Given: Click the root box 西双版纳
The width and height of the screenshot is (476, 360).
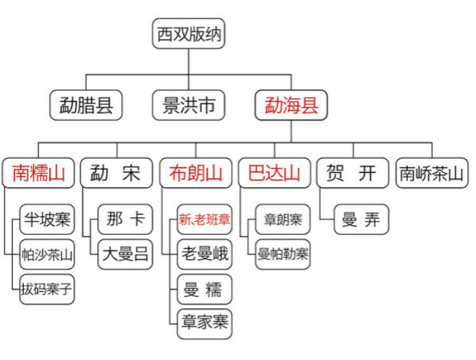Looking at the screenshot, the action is click(188, 33).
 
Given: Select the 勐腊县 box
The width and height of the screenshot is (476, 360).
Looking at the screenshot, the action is click(86, 105).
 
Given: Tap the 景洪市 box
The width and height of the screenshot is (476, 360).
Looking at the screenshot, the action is click(188, 105).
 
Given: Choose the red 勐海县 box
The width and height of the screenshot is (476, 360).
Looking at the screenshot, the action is click(291, 105).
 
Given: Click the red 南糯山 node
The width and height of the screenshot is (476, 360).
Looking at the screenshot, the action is click(38, 173).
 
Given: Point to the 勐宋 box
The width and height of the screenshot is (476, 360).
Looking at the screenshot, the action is click(116, 173).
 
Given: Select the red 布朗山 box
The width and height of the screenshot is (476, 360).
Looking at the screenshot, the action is click(196, 173).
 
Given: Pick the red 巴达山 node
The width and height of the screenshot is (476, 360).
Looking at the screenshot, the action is click(275, 173).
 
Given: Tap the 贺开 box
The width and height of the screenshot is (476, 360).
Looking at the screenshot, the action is click(353, 173).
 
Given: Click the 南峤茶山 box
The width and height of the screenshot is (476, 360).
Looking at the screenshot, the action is click(432, 173).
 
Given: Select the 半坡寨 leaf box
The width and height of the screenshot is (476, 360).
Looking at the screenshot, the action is click(47, 219).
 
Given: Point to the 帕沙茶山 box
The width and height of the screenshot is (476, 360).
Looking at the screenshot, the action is click(47, 255).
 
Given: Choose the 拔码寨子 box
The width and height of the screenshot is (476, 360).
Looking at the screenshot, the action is click(47, 289).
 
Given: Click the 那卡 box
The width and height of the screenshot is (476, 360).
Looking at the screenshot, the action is click(125, 219).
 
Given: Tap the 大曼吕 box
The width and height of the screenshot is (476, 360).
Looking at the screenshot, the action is click(125, 255).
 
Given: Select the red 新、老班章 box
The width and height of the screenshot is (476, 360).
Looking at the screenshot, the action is click(205, 219).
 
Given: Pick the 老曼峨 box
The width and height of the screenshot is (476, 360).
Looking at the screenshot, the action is click(205, 255).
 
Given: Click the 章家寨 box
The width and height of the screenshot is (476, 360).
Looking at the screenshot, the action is click(205, 324).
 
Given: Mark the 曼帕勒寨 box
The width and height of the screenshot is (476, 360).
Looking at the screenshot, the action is click(283, 255).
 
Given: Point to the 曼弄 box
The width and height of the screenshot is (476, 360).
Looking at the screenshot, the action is click(361, 219).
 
